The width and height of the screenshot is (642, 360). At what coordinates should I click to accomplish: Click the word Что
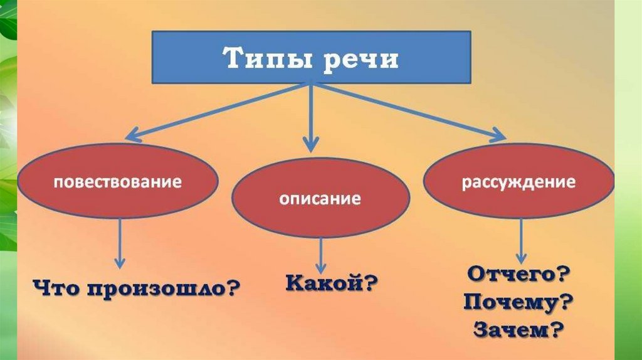coord(56,289)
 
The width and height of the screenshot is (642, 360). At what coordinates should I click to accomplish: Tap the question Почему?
coord(518,303)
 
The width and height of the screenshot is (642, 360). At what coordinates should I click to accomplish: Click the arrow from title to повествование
coord(213,112)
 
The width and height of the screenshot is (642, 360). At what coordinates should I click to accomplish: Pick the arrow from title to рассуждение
coord(408,110)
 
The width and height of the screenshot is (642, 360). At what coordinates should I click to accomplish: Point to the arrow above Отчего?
coord(520,241)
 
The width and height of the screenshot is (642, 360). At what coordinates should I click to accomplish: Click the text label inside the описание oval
coord(320,200)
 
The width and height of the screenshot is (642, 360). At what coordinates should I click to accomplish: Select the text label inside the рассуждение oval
coord(518,183)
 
